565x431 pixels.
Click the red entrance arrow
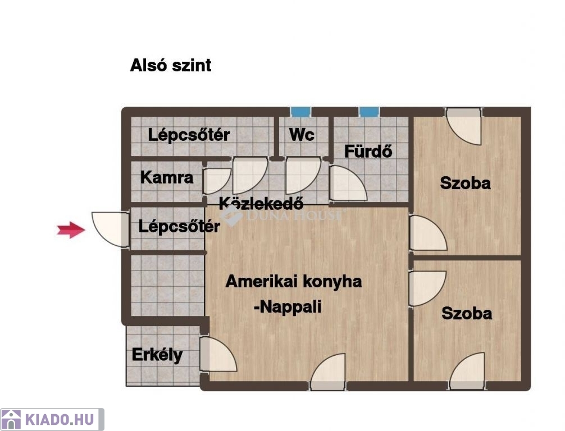pos(71,230)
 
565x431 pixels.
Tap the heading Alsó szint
pos(171,65)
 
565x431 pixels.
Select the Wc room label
pos(302,135)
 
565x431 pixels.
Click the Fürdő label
pos(368,151)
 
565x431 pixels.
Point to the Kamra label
pos(167,177)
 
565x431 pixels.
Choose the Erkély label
pos(157,355)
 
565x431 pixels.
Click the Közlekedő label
pos(261,204)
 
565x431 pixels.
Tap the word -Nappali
pos(288,307)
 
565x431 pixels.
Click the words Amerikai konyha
pos(294,281)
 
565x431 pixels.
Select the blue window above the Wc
pos(300,112)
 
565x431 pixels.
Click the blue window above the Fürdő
pos(368,112)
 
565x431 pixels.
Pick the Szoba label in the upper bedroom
pos(465,184)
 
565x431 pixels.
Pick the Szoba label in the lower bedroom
pos(467,313)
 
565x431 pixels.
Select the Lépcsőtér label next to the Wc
pos(189,135)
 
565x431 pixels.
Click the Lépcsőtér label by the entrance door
pos(179,227)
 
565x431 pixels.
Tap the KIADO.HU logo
pos(52,419)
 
